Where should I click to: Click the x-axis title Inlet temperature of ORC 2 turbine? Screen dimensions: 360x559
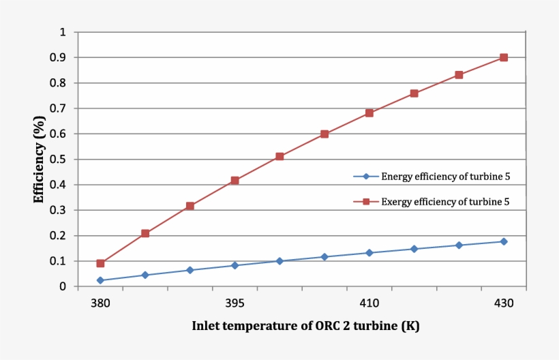point(305,326)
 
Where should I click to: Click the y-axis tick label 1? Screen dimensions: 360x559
point(63,32)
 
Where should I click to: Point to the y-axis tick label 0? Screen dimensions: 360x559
point(63,287)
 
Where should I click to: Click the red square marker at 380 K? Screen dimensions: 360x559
point(100,263)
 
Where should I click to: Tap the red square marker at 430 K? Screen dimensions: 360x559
point(504,57)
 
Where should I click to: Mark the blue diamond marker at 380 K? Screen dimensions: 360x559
point(100,280)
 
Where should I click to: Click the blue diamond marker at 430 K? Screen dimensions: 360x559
point(504,241)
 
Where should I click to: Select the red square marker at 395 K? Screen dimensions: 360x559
point(235,181)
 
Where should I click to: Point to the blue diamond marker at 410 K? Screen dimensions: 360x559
point(369,253)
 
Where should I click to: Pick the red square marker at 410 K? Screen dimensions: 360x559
point(369,113)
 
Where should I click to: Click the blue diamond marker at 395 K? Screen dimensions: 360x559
point(235,265)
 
